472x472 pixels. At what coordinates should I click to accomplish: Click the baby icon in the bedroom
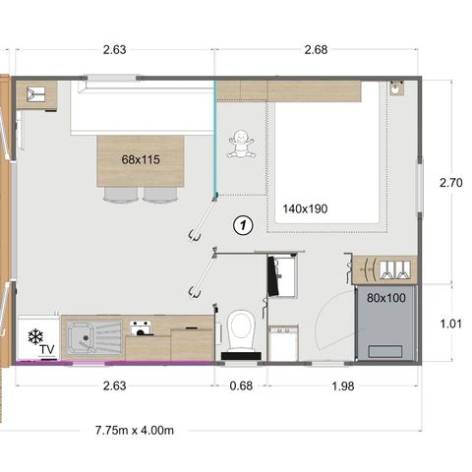click(241, 146)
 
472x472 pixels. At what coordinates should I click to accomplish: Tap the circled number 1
click(242, 225)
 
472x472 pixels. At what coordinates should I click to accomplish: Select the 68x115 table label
click(141, 159)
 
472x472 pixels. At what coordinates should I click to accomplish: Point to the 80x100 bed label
click(385, 297)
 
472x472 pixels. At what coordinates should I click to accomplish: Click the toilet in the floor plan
click(241, 327)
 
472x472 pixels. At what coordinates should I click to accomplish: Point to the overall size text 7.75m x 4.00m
click(135, 430)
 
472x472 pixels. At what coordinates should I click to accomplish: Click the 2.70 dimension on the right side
click(449, 183)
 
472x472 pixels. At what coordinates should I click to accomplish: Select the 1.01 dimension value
click(449, 322)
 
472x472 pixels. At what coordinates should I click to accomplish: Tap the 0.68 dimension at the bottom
click(240, 385)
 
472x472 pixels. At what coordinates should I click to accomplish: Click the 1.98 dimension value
click(342, 385)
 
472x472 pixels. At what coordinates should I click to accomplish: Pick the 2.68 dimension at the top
click(317, 50)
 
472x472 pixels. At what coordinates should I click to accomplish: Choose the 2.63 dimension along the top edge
click(114, 50)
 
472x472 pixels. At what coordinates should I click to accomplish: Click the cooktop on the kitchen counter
click(141, 326)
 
